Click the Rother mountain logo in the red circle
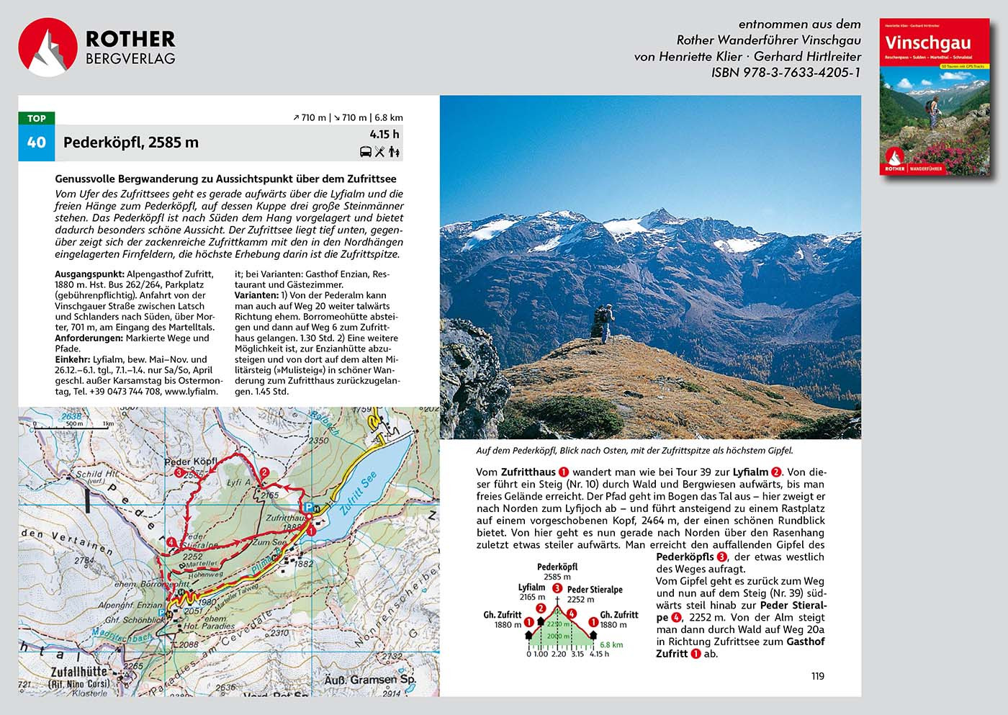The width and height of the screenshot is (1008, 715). pyautogui.click(x=48, y=48)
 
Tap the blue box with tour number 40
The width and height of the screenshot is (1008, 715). pyautogui.click(x=36, y=143)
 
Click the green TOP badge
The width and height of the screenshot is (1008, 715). pyautogui.click(x=36, y=119)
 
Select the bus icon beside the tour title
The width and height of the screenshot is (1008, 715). pyautogui.click(x=366, y=151)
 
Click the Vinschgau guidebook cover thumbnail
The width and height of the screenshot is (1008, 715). pyautogui.click(x=934, y=97)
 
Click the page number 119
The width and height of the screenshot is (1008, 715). pyautogui.click(x=817, y=675)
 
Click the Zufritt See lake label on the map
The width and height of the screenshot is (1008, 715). pyautogui.click(x=358, y=494)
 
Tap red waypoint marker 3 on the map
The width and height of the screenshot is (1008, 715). pyautogui.click(x=179, y=473)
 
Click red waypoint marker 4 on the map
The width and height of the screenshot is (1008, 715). pyautogui.click(x=171, y=543)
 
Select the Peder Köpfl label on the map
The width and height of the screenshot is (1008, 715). pyautogui.click(x=191, y=462)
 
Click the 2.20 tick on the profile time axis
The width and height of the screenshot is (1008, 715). pyautogui.click(x=558, y=654)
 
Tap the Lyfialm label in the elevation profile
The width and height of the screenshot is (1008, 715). pyautogui.click(x=531, y=588)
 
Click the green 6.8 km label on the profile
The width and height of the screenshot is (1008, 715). pyautogui.click(x=611, y=645)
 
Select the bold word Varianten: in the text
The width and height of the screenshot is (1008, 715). pyautogui.click(x=256, y=295)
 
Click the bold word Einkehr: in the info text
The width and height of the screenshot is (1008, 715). pyautogui.click(x=73, y=359)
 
